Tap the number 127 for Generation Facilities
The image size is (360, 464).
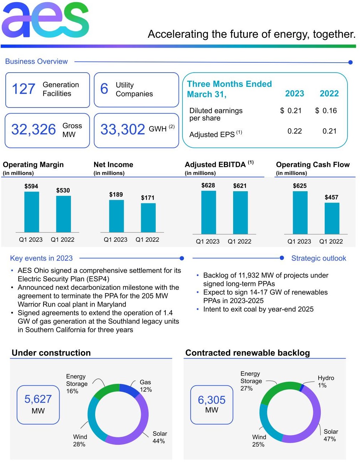tap(24, 89)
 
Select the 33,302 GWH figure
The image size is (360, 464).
tap(123, 130)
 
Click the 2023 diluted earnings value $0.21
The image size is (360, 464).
tap(291, 111)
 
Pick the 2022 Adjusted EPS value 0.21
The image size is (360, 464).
tap(329, 131)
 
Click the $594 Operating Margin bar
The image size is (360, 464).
tap(31, 212)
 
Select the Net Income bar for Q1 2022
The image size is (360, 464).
tap(148, 218)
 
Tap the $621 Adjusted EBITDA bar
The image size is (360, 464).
tap(240, 213)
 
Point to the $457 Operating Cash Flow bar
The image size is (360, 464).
tap(331, 218)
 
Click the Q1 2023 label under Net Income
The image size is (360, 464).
tap(115, 240)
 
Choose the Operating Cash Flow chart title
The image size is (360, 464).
tap(313, 165)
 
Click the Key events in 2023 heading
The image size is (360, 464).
tap(41, 258)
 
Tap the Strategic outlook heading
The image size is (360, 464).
tap(319, 258)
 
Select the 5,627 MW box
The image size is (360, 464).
tap(38, 405)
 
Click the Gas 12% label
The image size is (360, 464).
tap(145, 386)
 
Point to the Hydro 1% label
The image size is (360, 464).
tap(326, 381)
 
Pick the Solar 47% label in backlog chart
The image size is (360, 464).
tap(330, 435)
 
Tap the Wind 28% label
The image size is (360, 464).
tap(80, 440)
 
